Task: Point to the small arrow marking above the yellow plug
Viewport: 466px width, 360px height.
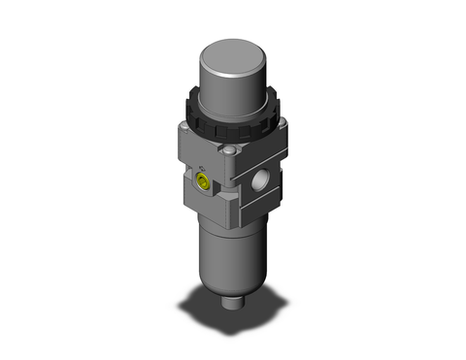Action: (202, 166)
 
